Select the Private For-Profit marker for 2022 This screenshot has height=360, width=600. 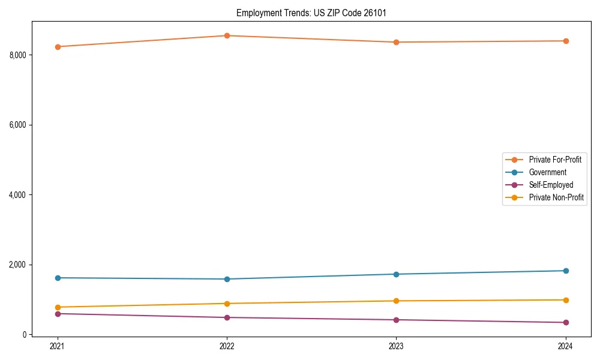point(227,35)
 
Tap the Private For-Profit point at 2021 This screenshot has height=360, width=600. point(58,47)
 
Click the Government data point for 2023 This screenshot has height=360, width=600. point(396,274)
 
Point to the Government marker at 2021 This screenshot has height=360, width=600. point(58,278)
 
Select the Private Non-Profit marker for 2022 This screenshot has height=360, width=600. point(227,304)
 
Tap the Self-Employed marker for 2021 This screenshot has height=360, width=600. point(58,314)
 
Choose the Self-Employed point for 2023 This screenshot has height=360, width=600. point(396,320)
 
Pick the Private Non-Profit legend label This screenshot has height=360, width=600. point(556,197)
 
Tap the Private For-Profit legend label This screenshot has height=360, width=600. point(554,160)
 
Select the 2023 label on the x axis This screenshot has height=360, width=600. point(396,346)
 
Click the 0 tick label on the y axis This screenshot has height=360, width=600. point(24,335)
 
